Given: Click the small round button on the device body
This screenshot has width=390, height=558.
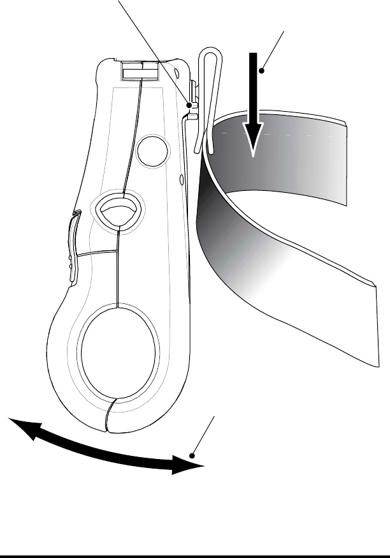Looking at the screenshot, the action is click(x=154, y=150).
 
